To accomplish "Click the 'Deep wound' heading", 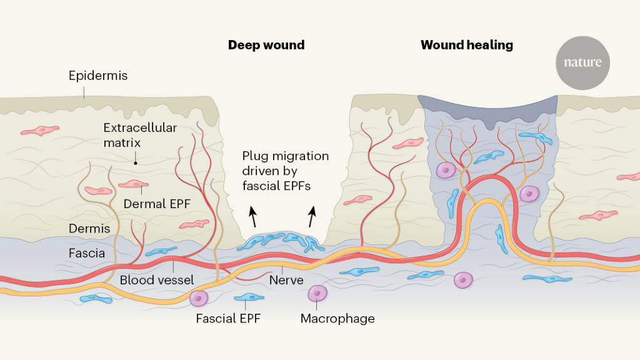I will coord(266,45).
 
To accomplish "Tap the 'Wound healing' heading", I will coord(466,45).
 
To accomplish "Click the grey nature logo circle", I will coord(582,62).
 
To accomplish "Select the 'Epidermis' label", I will coord(98,76).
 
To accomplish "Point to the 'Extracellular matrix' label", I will coord(140,135).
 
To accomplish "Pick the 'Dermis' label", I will coord(89,228).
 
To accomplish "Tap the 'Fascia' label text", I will coord(86,254).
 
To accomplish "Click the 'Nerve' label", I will coord(286,279).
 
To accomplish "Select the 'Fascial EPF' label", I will coord(227,318).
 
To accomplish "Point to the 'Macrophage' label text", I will coord(337,318).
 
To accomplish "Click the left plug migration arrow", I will coord(253,217).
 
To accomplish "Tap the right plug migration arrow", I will coord(311,217).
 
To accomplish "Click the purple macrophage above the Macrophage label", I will coord(317,293).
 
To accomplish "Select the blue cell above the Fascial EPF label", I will coord(249,297).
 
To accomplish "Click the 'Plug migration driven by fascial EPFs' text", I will coord(285,171).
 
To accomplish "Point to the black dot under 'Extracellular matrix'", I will coord(134,161).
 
